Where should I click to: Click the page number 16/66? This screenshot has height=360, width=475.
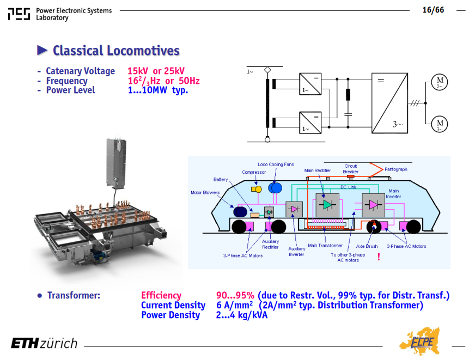[433, 10]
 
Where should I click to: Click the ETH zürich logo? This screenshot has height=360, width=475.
[44, 343]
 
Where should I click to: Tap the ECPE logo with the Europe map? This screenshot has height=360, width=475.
[420, 341]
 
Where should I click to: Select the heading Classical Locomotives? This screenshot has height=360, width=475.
[116, 51]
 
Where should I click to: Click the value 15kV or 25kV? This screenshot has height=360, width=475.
[156, 71]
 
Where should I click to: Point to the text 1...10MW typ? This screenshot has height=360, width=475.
[158, 90]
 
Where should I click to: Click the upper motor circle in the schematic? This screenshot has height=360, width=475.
[440, 82]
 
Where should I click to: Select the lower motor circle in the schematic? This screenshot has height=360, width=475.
[440, 124]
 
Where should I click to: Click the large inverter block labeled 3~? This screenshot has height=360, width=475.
[389, 103]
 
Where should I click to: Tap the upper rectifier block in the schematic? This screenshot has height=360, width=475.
[310, 84]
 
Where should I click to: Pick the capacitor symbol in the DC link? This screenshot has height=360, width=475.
[348, 114]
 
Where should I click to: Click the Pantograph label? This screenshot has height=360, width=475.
[396, 169]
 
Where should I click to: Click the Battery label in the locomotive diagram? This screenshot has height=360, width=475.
[221, 180]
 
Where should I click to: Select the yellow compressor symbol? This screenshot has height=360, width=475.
[256, 189]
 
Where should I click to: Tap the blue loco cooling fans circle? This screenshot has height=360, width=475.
[275, 188]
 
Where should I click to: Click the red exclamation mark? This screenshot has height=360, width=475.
[379, 257]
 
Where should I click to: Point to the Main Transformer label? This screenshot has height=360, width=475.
[325, 246]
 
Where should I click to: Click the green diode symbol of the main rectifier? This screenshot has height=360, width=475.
[327, 205]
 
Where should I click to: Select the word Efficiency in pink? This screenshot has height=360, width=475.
[161, 295]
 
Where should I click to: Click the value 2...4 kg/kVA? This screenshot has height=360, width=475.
[242, 315]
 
